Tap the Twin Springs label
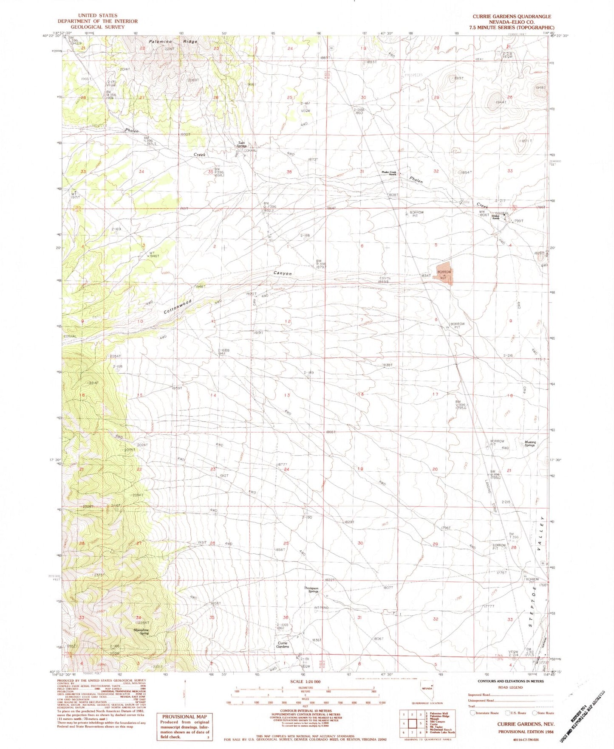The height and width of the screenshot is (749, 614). pos(242,145)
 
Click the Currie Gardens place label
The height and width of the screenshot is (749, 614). pos(283,645)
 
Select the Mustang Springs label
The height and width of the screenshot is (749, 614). pos(530,444)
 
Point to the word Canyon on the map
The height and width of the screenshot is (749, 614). pos(283,273)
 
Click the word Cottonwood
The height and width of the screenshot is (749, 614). pos(178,306)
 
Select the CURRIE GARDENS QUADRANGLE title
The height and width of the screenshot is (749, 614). pos(512,17)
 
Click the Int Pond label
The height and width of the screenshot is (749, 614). pos(321,608)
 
